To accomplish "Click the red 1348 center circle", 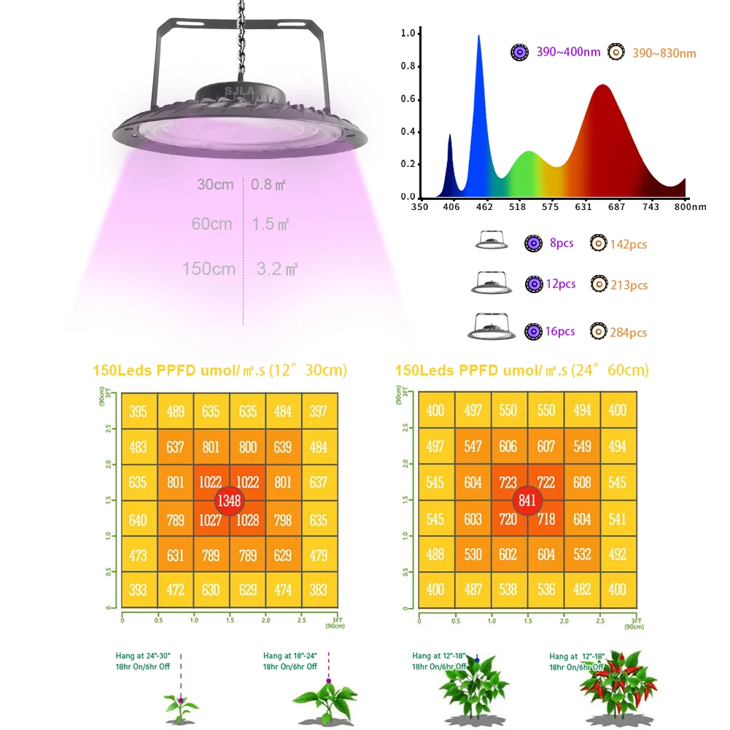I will click(229, 501).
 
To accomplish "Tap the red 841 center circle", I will click(527, 500).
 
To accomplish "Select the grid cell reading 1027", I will click(211, 519).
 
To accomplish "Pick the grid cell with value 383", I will click(319, 590).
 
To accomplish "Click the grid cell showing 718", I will click(545, 519).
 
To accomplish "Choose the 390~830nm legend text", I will click(664, 53).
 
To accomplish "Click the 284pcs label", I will click(629, 333).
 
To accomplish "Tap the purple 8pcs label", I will click(561, 244).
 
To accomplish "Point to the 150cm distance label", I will click(209, 269).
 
